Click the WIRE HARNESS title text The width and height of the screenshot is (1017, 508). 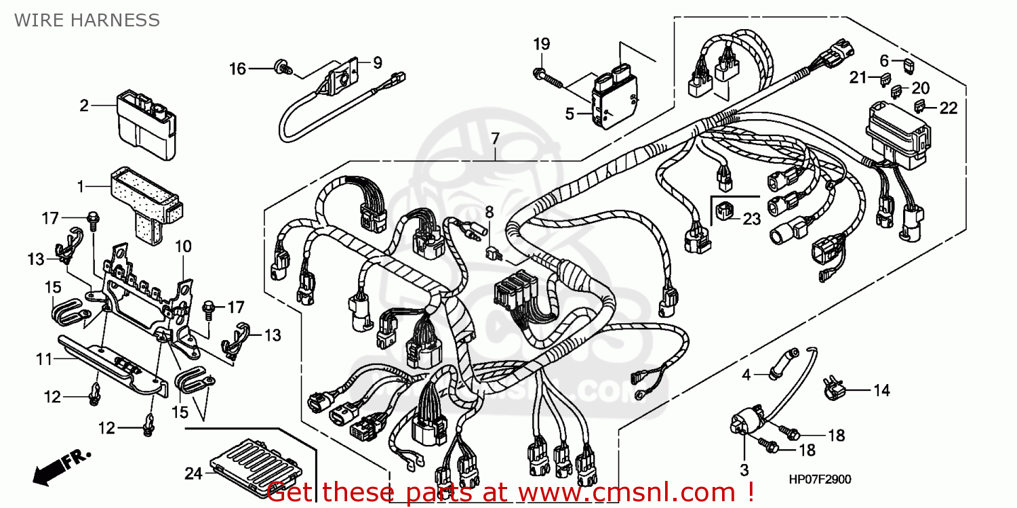coord(87,20)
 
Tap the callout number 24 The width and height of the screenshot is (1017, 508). coord(193,474)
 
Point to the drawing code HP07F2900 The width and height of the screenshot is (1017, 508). coord(820,480)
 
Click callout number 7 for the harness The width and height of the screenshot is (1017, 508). coord(495,139)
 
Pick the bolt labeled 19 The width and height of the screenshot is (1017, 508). coord(549,77)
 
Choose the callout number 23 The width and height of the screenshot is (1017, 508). coord(751,219)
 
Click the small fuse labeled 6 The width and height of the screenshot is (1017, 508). coord(908,64)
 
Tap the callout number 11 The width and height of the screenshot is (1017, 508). coord(44,359)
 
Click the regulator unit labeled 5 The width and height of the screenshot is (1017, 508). coord(615,100)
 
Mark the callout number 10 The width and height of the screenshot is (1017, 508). coord(184,246)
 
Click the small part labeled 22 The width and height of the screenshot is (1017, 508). coord(921,105)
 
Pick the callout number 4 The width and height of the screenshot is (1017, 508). coord(746,374)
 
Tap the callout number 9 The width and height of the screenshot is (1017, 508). coord(377,62)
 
